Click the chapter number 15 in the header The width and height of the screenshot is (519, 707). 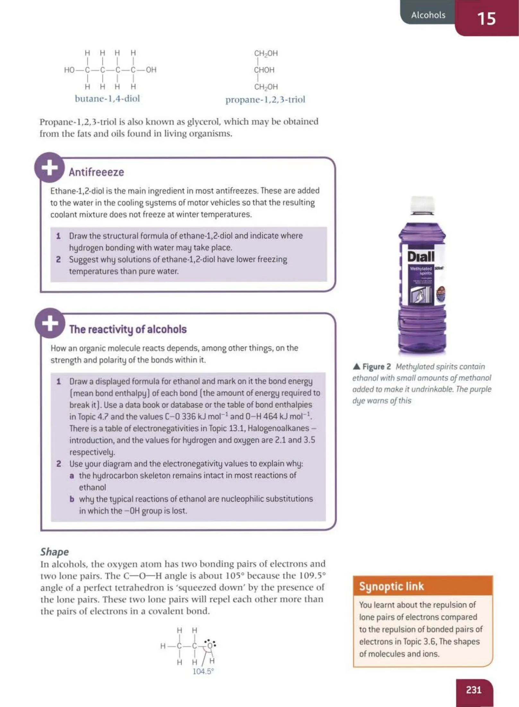[x=486, y=18]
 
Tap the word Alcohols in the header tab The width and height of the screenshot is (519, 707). [x=428, y=15]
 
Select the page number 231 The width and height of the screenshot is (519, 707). [x=473, y=690]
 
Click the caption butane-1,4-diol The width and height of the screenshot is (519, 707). [x=107, y=98]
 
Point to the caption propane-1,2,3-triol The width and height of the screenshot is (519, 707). [x=265, y=100]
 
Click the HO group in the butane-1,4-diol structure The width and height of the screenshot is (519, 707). [x=69, y=70]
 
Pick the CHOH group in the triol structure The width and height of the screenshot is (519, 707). [x=264, y=70]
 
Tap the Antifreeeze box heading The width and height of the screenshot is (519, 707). [x=96, y=172]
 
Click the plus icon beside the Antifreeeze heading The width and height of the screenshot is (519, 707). [x=50, y=168]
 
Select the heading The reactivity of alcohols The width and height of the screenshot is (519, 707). [x=128, y=329]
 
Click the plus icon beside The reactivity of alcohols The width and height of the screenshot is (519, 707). [x=50, y=323]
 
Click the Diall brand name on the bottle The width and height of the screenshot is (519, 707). [x=421, y=256]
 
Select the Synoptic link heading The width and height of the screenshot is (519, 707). [x=392, y=586]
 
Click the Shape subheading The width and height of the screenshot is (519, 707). [x=54, y=552]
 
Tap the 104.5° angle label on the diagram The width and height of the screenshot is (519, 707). [x=203, y=671]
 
